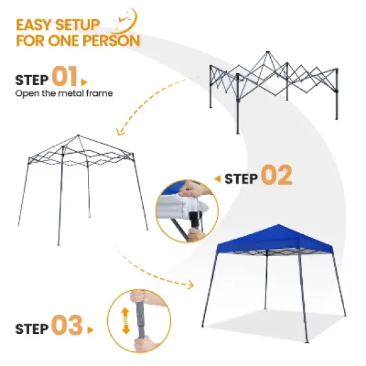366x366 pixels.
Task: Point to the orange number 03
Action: click(x=65, y=326)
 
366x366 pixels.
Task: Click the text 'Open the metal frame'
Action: click(x=64, y=94)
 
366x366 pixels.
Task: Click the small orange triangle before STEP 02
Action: click(x=217, y=178)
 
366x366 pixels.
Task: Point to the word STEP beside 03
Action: click(x=31, y=327)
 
